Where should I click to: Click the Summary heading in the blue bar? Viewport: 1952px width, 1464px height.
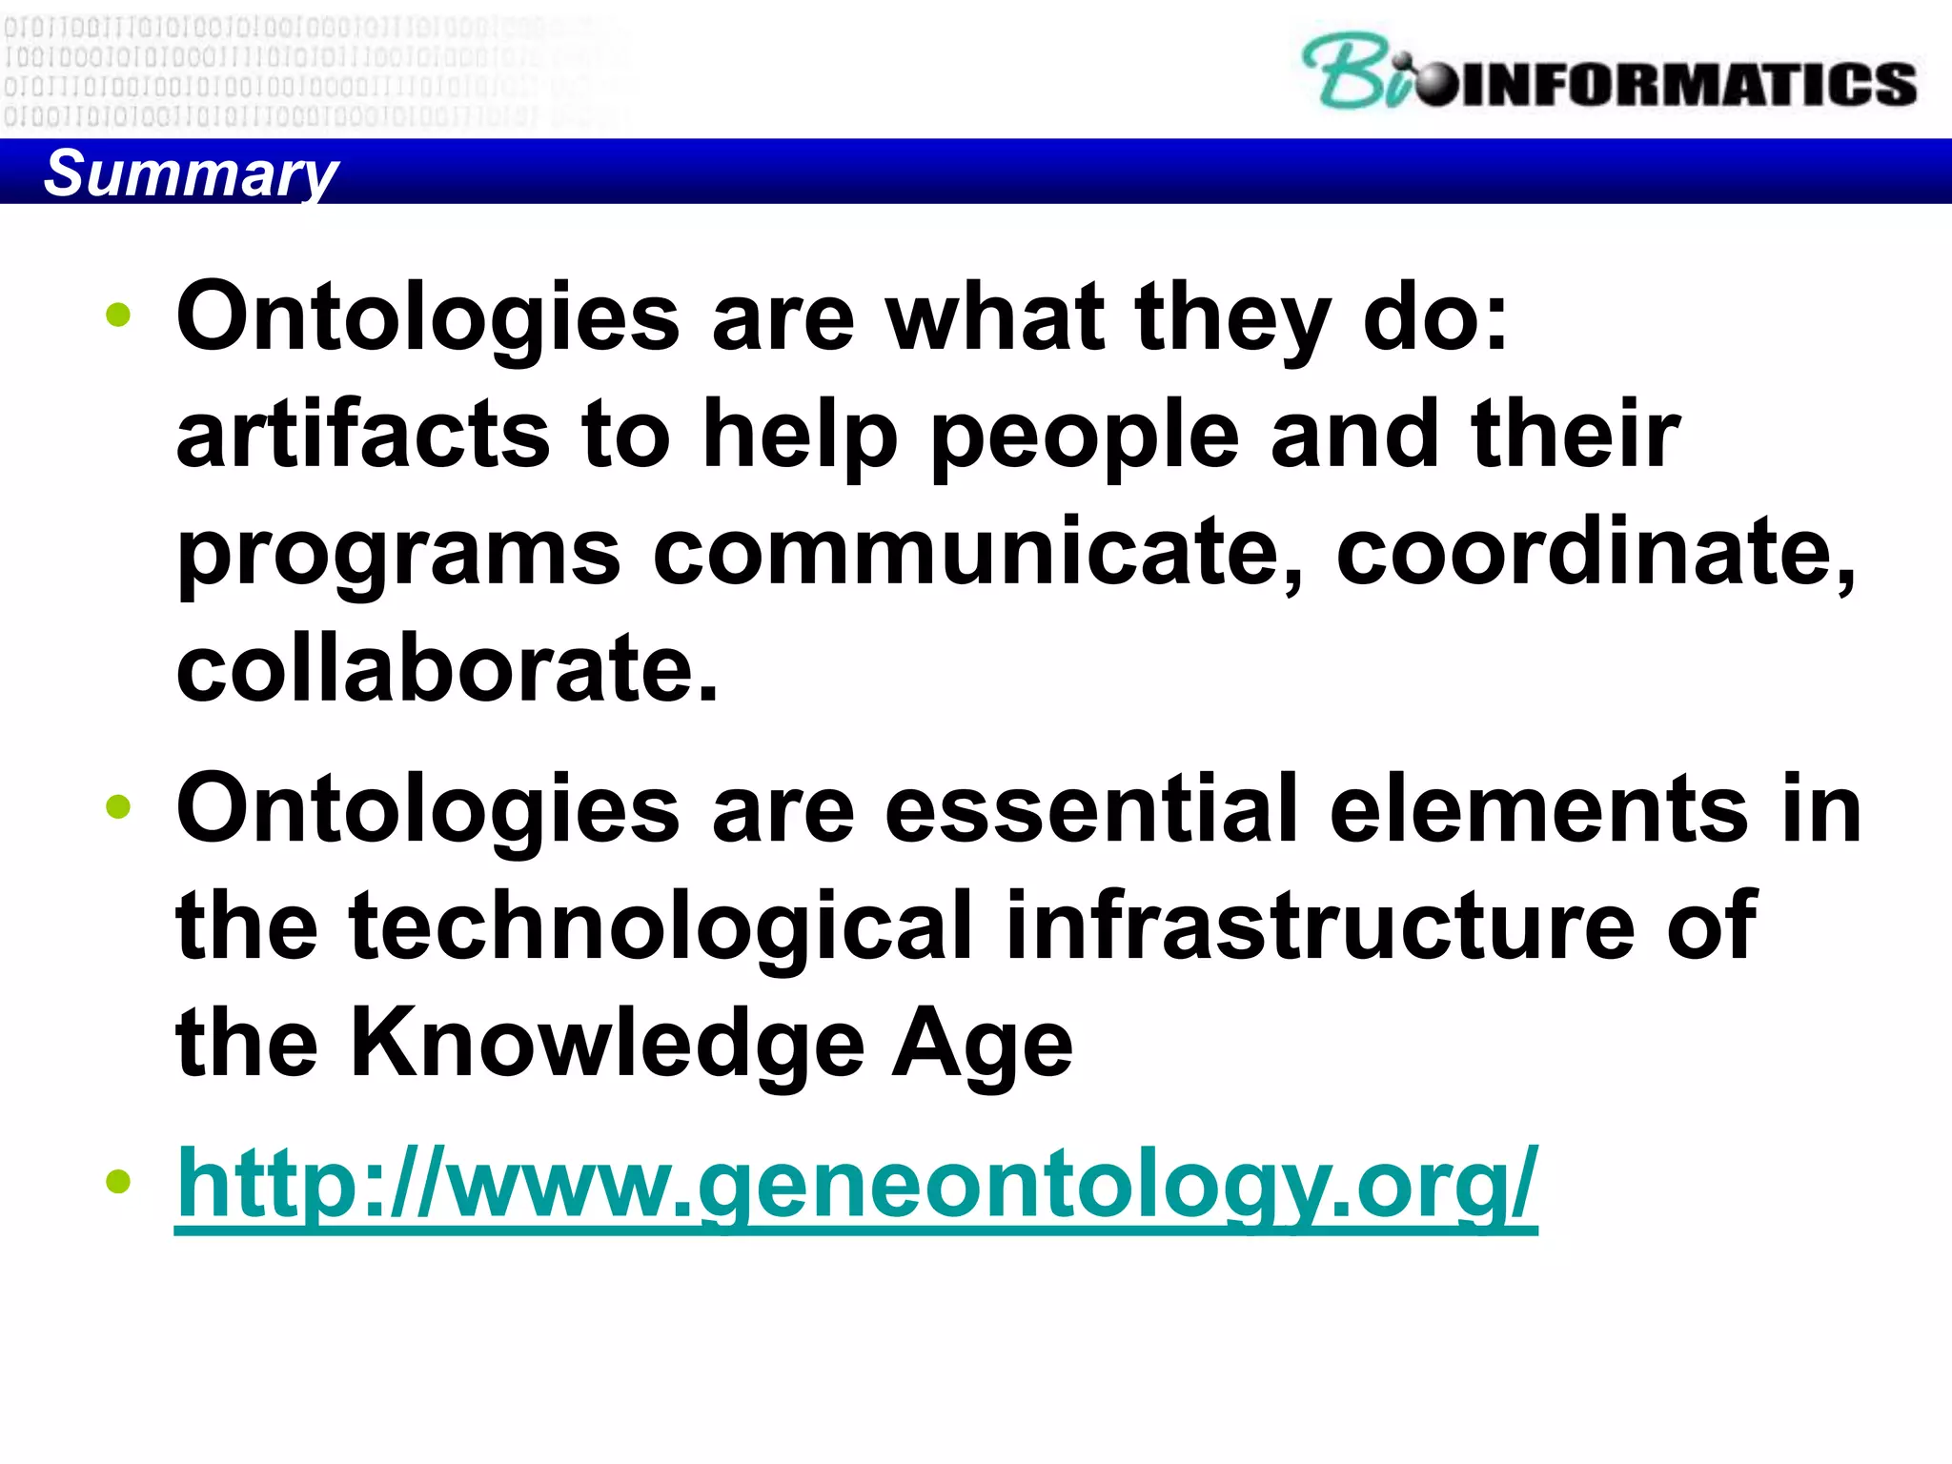(191, 173)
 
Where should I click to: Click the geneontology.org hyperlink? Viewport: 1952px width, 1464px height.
(856, 1185)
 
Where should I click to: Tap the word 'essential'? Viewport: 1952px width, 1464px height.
(1091, 809)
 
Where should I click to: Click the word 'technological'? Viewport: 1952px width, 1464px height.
(661, 925)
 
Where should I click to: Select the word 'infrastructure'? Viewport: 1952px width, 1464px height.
(1320, 925)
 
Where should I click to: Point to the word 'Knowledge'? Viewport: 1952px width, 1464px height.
(607, 1043)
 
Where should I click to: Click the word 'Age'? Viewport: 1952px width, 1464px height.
(982, 1043)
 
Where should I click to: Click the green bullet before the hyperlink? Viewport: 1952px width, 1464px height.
(118, 1183)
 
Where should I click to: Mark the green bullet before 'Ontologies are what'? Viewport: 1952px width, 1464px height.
(118, 315)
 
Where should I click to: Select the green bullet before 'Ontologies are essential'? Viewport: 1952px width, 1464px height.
(118, 808)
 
